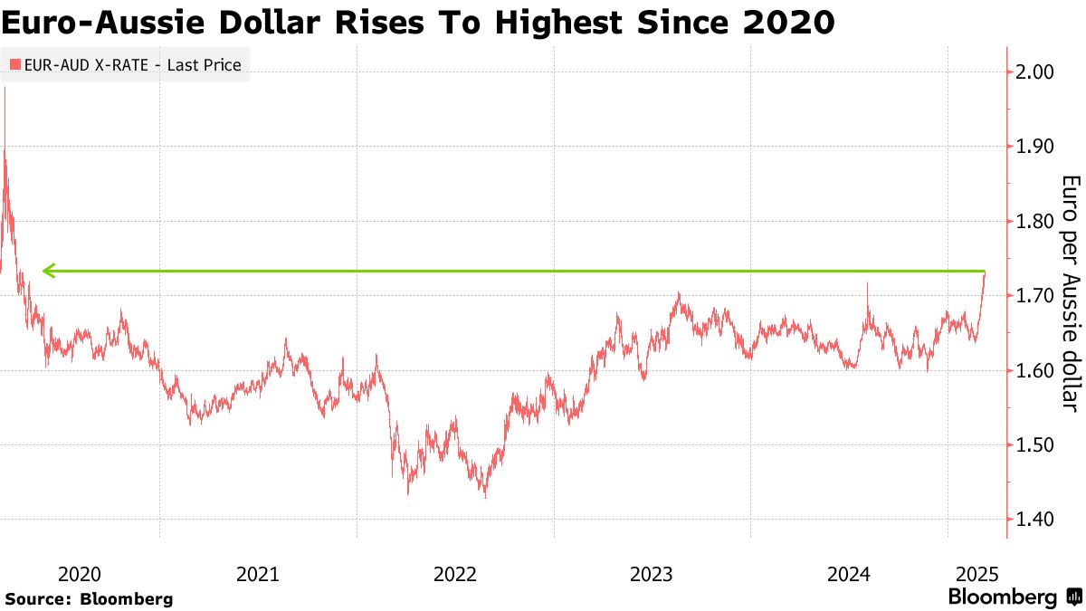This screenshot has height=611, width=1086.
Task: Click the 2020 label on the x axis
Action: click(79, 573)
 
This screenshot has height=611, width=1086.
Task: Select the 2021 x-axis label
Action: click(258, 573)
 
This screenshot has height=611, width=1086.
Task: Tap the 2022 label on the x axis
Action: click(455, 573)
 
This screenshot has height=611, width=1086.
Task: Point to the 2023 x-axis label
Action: click(652, 573)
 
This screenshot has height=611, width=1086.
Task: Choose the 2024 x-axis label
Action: click(849, 573)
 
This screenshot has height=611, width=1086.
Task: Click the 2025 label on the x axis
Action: click(977, 573)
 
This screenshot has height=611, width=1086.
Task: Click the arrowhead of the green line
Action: click(48, 270)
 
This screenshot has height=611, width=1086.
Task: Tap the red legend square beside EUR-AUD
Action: click(14, 65)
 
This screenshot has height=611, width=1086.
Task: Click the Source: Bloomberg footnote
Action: click(89, 598)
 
